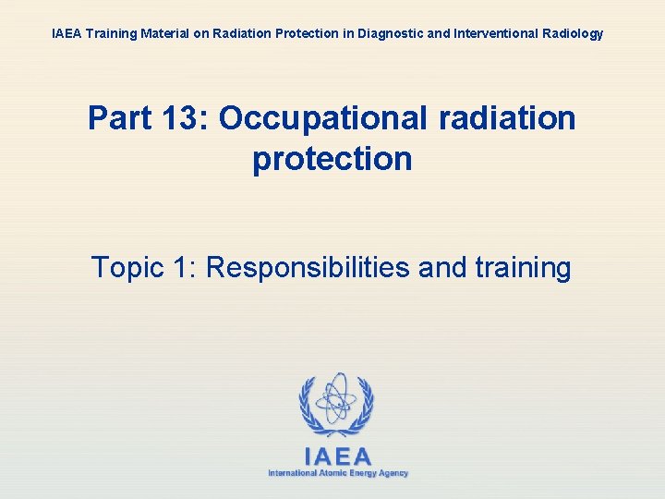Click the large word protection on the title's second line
pyautogui.click(x=332, y=159)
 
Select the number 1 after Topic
pyautogui.click(x=182, y=268)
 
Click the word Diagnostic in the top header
pyautogui.click(x=381, y=34)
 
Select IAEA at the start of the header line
pyautogui.click(x=66, y=34)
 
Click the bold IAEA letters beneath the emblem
pyautogui.click(x=338, y=456)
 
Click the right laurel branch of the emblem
pyautogui.click(x=365, y=407)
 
